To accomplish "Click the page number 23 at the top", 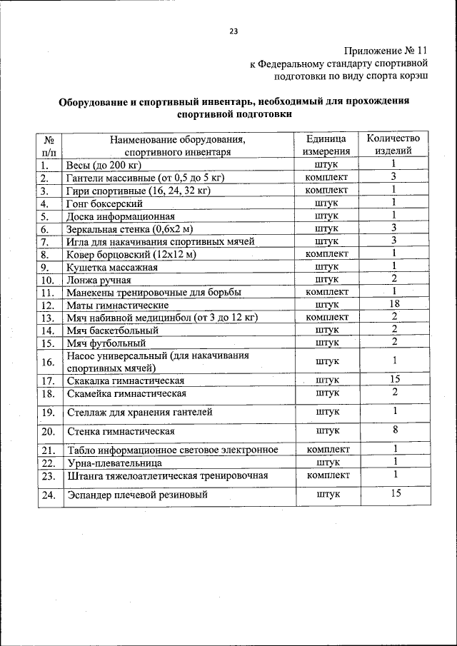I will click(x=233, y=31).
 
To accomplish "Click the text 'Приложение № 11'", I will click(x=386, y=51).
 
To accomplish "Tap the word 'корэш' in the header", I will click(x=413, y=76).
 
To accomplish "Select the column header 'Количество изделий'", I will click(x=393, y=144).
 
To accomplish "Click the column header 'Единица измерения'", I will click(x=326, y=144).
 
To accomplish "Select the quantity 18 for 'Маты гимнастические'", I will click(x=393, y=303).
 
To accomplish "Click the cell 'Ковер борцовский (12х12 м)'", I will click(x=131, y=253).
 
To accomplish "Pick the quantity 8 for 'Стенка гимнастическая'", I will click(x=393, y=430).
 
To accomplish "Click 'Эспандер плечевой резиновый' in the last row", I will click(x=137, y=494).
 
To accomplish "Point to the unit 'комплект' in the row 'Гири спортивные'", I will click(x=326, y=191).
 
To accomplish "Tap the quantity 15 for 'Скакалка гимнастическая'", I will click(x=393, y=379).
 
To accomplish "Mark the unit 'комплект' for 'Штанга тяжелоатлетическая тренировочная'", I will click(x=326, y=475).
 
